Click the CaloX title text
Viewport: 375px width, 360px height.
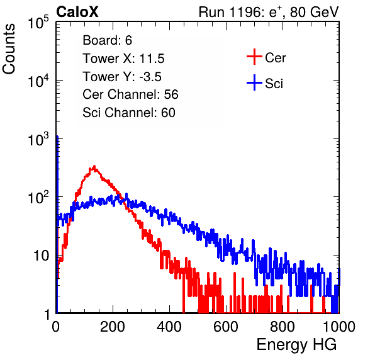77,12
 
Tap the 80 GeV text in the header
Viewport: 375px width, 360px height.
314,12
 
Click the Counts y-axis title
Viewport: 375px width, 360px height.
9,49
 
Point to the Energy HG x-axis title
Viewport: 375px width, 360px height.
296,344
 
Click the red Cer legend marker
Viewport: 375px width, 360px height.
254,57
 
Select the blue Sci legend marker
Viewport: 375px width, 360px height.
254,83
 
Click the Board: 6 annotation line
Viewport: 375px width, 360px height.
107,40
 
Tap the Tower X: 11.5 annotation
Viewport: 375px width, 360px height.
123,59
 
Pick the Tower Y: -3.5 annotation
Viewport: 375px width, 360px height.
122,77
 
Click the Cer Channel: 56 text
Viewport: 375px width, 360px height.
130,94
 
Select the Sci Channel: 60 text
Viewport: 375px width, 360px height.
129,113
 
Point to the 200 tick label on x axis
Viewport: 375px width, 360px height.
113,327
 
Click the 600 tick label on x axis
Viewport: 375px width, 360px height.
226,327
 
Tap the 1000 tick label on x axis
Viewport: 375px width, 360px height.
339,327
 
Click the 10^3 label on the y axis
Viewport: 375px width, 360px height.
38,139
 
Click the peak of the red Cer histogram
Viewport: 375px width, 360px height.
94,166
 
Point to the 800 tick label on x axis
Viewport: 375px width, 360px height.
283,327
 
